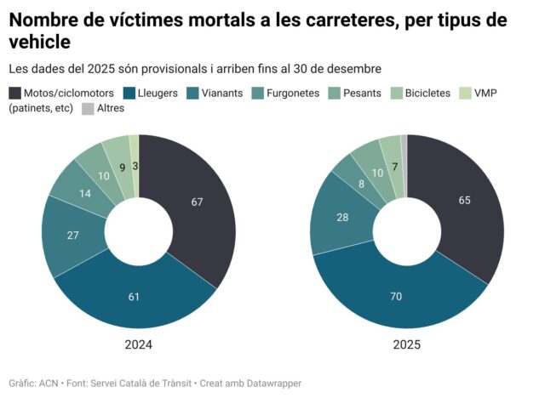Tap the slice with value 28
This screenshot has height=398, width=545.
pyautogui.click(x=341, y=218)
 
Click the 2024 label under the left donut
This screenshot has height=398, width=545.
pyautogui.click(x=138, y=345)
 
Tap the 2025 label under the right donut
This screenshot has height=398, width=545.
pyautogui.click(x=406, y=345)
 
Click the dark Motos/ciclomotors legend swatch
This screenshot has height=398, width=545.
pyautogui.click(x=14, y=93)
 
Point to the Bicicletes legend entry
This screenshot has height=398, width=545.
pyautogui.click(x=422, y=93)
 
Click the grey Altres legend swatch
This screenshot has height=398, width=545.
pyautogui.click(x=88, y=108)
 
